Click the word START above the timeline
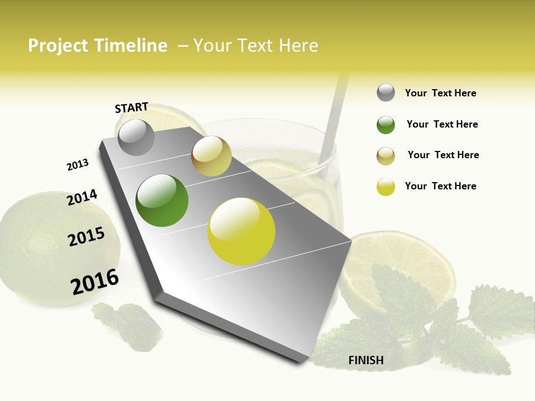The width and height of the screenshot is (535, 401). pyautogui.click(x=132, y=107)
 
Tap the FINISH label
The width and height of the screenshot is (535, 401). pyautogui.click(x=366, y=360)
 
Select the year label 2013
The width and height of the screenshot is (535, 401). pyautogui.click(x=77, y=165)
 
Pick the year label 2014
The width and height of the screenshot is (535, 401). pyautogui.click(x=82, y=197)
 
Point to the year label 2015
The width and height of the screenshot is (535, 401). pyautogui.click(x=86, y=237)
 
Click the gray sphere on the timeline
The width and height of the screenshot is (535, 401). pyautogui.click(x=136, y=137)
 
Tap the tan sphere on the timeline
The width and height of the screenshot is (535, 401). pyautogui.click(x=211, y=156)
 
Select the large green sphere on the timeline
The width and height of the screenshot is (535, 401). pyautogui.click(x=162, y=200)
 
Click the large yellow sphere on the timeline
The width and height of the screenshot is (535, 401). pyautogui.click(x=241, y=231)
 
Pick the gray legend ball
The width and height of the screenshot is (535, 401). pyautogui.click(x=386, y=92)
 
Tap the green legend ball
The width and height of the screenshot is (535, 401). pyautogui.click(x=386, y=125)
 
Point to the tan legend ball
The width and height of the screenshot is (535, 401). pyautogui.click(x=386, y=156)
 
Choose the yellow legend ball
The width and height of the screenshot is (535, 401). pyautogui.click(x=386, y=187)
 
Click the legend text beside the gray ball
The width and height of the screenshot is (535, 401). pyautogui.click(x=440, y=93)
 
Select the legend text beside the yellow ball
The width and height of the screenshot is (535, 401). pyautogui.click(x=440, y=186)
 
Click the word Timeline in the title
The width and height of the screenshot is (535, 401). pyautogui.click(x=131, y=46)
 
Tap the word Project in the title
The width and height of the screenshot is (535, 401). pyautogui.click(x=58, y=46)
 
